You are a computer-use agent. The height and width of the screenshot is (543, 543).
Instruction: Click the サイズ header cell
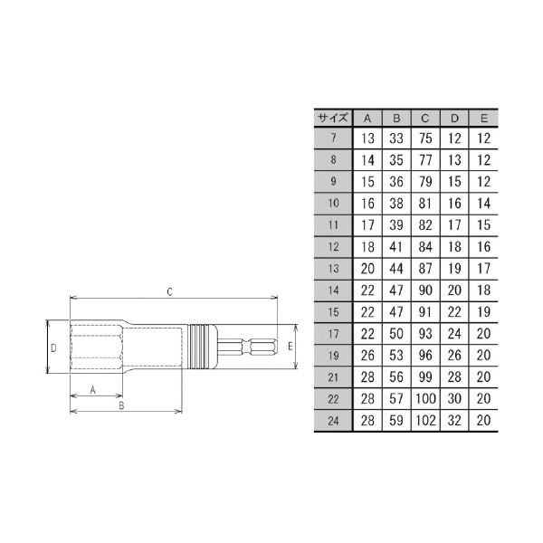pos(333,119)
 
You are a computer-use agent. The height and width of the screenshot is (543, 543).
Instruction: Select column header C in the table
pos(425,119)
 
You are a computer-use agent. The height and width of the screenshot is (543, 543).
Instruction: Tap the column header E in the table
pos(484,119)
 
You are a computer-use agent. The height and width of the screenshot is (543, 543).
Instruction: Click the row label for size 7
pos(333,138)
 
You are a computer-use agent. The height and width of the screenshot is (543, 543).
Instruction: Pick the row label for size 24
pos(333,421)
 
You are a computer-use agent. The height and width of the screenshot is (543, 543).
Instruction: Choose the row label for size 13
pos(333,269)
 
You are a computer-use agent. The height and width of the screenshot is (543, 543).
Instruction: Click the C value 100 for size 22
pos(425,399)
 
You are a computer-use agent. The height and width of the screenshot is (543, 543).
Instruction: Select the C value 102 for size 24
pos(425,421)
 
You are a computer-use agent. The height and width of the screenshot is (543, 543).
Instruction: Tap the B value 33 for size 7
pos(396,138)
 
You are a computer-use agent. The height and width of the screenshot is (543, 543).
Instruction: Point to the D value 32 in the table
pos(455,421)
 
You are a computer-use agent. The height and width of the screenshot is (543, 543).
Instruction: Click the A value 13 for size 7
pos(367,138)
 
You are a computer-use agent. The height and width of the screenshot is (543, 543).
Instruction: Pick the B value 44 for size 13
pos(396,269)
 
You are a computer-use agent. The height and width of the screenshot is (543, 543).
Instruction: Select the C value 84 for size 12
pos(425,247)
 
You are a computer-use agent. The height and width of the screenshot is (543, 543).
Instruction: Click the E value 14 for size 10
pos(484,204)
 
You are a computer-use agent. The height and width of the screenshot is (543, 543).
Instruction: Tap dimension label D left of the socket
pos(53,348)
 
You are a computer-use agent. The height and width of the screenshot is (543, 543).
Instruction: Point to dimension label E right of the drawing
pos(290,347)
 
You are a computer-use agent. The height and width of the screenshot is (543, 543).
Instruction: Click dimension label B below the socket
pos(120,406)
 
